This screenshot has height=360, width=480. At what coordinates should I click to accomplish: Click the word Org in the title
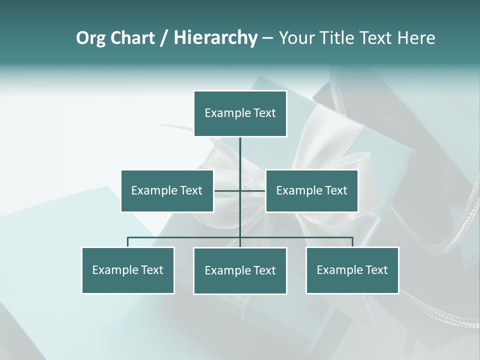pos(91,38)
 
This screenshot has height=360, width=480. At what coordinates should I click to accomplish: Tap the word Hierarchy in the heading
pos(215,38)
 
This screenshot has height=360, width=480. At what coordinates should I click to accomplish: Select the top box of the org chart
pos(240,113)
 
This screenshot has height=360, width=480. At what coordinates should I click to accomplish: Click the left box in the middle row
pos(167,190)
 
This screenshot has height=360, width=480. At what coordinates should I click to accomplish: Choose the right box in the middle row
pos(311,190)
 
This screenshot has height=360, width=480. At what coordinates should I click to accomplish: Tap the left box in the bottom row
pos(127,270)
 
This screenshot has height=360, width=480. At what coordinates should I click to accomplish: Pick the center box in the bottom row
pos(240,270)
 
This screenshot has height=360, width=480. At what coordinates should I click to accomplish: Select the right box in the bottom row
pos(352,270)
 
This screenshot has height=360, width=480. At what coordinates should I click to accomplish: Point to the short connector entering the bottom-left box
pos(127,242)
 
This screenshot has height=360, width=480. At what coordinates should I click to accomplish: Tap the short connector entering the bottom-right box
pos(352,242)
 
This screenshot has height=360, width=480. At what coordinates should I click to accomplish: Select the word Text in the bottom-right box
pos(376,270)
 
